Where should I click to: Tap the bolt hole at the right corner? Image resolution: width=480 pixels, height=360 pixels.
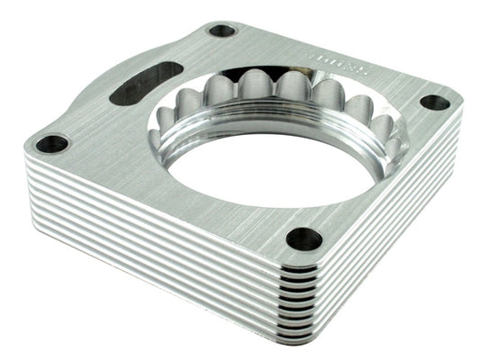click(x=435, y=103)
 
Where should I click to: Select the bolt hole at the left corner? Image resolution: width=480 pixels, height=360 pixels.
click(x=53, y=143)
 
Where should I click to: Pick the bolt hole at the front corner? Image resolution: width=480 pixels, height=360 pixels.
click(x=304, y=238)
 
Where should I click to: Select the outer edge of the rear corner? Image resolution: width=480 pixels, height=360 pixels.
click(x=222, y=18)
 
